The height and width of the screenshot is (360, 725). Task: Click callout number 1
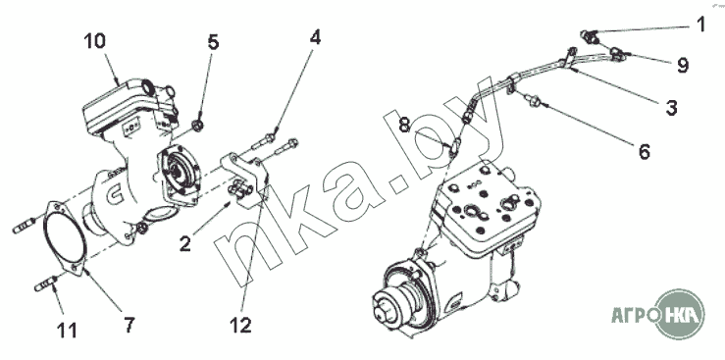pyautogui.click(x=700, y=24)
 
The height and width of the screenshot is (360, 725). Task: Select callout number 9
pyautogui.click(x=683, y=65)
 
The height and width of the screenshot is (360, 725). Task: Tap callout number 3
pyautogui.click(x=671, y=108)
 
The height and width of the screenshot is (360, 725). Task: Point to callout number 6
pyautogui.click(x=645, y=151)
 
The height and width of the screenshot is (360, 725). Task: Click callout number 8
pyautogui.click(x=404, y=125)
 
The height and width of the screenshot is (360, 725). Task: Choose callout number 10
pyautogui.click(x=95, y=40)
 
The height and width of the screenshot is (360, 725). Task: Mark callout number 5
pyautogui.click(x=213, y=42)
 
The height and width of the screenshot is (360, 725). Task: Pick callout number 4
pyautogui.click(x=315, y=37)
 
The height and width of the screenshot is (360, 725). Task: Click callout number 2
pyautogui.click(x=185, y=244)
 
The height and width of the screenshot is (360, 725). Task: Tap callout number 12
pyautogui.click(x=240, y=326)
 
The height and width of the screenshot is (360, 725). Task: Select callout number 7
pyautogui.click(x=129, y=325)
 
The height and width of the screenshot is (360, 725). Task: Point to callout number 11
pyautogui.click(x=67, y=330)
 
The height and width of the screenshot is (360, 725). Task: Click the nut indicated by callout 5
pyautogui.click(x=197, y=125)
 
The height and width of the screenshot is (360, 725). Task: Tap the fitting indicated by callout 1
pyautogui.click(x=589, y=36)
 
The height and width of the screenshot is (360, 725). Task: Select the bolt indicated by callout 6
pyautogui.click(x=532, y=99)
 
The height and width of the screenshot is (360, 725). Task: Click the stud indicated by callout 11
pyautogui.click(x=46, y=283)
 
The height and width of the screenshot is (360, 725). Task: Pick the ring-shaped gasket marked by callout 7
pyautogui.click(x=65, y=238)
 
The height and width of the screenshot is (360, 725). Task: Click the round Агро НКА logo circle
pyautogui.click(x=680, y=314)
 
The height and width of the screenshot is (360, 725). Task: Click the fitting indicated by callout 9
pyautogui.click(x=618, y=54)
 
